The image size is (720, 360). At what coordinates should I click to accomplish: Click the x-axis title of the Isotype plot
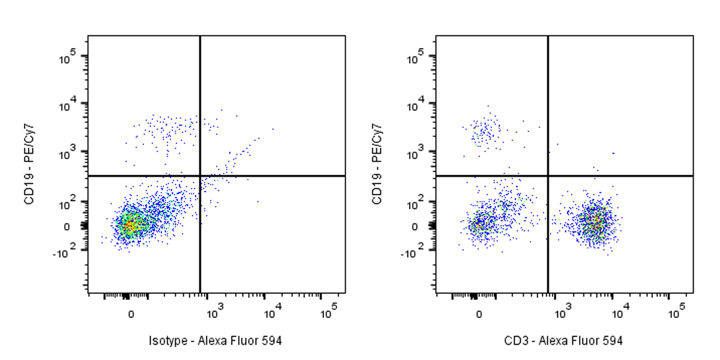(x=215, y=341)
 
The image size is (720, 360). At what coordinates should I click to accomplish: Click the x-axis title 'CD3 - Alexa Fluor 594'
(x=563, y=341)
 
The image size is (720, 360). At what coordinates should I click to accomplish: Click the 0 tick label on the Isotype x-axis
(x=131, y=314)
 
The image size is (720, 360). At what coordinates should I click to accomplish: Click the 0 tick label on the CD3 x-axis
(x=479, y=314)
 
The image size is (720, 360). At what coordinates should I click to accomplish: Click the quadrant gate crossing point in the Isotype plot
(x=200, y=176)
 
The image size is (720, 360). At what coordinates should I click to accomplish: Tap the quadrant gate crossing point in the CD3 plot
(x=548, y=176)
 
